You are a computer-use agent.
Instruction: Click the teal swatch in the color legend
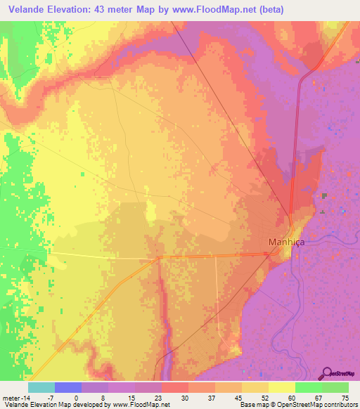41,387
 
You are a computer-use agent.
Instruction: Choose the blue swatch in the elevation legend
67,387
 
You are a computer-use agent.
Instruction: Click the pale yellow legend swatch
282,387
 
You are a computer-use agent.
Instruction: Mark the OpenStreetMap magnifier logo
327,373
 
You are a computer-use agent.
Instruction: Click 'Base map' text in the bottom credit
252,405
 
